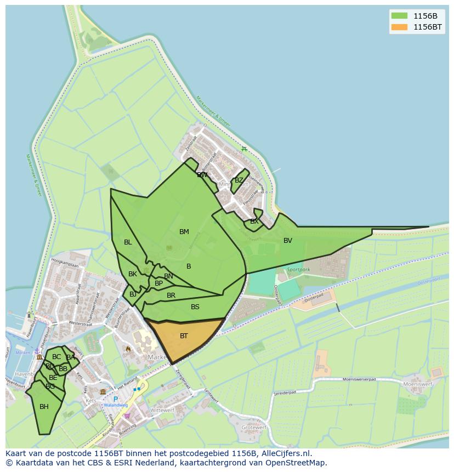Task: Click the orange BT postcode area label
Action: click(184, 336)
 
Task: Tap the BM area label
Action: click(184, 232)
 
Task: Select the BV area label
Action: click(288, 241)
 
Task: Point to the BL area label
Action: click(128, 242)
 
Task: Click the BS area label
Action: click(195, 307)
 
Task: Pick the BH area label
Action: click(44, 407)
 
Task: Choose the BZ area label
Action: click(239, 180)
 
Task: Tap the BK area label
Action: click(133, 274)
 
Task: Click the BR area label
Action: click(171, 295)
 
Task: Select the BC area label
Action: click(56, 357)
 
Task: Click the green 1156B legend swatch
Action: click(399, 16)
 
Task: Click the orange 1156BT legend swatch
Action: click(399, 27)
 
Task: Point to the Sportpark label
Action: click(298, 270)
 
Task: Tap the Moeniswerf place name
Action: click(418, 384)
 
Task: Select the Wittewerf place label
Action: click(162, 410)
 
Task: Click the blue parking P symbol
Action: click(116, 399)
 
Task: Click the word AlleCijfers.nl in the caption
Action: click(285, 453)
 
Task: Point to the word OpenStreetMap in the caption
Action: click(297, 463)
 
